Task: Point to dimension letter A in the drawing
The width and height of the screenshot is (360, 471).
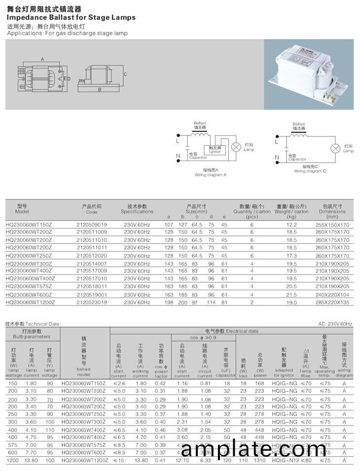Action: (42, 59)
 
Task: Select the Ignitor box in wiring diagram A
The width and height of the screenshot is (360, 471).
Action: (215, 149)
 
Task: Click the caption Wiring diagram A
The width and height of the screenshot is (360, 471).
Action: (211, 174)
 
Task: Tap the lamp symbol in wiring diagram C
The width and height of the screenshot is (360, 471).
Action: (336, 148)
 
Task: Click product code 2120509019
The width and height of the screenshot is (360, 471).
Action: (92, 225)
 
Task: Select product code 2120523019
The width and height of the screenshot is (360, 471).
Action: (92, 302)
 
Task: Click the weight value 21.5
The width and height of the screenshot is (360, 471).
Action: (292, 294)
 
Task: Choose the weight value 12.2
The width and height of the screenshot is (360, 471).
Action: (292, 225)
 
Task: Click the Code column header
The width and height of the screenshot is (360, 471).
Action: (92, 209)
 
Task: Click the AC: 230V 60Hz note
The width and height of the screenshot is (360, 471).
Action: (336, 324)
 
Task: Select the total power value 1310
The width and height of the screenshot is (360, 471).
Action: (260, 460)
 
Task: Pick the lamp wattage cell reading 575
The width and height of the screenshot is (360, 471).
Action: (13, 445)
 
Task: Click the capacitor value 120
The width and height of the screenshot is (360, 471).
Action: (226, 460)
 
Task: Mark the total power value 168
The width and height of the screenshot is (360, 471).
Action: (260, 383)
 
